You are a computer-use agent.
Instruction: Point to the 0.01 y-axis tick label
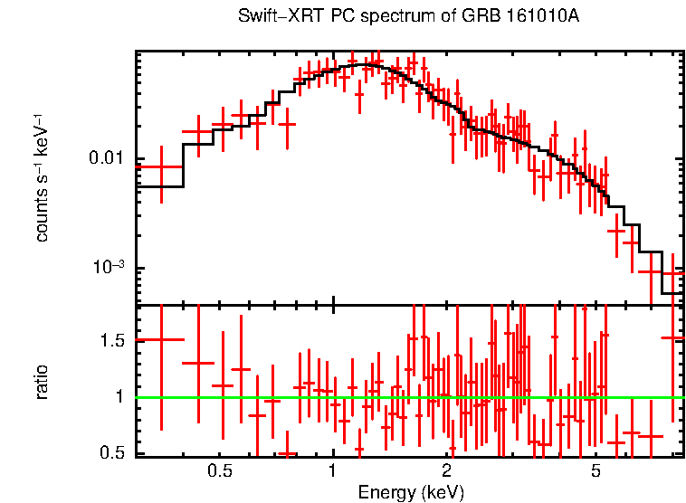pyautogui.click(x=107, y=159)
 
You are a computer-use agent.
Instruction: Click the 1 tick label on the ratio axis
pyautogui.click(x=118, y=396)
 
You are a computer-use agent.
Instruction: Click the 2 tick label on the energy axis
pyautogui.click(x=446, y=472)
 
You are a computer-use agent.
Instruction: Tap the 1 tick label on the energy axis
pyautogui.click(x=333, y=472)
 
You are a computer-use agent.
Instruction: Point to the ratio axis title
pyautogui.click(x=42, y=382)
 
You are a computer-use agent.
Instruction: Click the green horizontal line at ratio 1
pyautogui.click(x=407, y=397)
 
